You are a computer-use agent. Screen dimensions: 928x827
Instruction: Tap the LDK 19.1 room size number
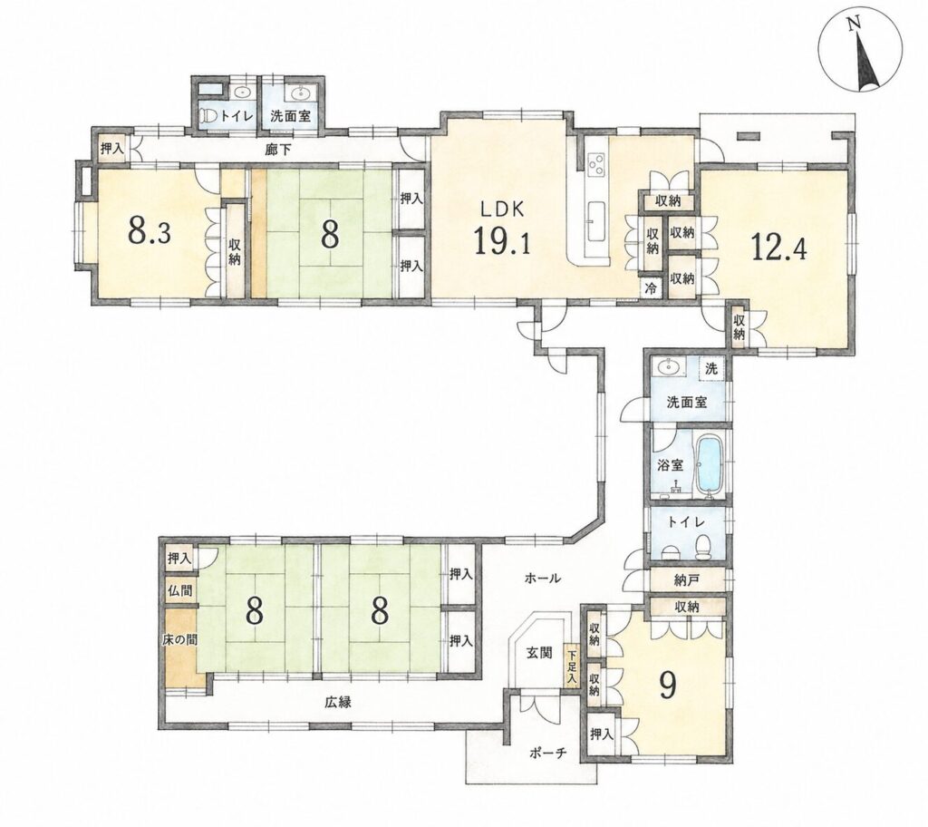pyautogui.click(x=502, y=243)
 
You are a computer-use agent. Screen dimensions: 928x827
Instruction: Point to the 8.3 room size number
pyautogui.click(x=150, y=233)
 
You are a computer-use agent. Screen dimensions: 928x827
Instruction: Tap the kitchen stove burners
pyautogui.click(x=595, y=163)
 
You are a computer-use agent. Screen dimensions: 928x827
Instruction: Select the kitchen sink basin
pyautogui.click(x=596, y=219)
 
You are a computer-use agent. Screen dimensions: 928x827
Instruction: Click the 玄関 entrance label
pyautogui.click(x=539, y=653)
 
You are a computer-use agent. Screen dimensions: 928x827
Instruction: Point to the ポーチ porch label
pyautogui.click(x=548, y=753)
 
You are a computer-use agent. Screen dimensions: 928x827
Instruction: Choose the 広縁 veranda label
pyautogui.click(x=338, y=702)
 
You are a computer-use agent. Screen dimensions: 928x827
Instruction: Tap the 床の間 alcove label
pyautogui.click(x=179, y=640)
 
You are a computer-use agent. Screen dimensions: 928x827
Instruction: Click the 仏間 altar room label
pyautogui.click(x=180, y=590)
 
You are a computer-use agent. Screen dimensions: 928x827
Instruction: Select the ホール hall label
pyautogui.click(x=542, y=579)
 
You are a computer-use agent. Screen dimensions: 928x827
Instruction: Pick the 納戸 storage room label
pyautogui.click(x=687, y=580)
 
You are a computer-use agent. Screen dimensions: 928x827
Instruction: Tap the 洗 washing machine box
pyautogui.click(x=711, y=368)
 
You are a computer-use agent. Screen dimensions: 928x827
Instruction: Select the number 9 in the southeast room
pyautogui.click(x=668, y=686)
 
